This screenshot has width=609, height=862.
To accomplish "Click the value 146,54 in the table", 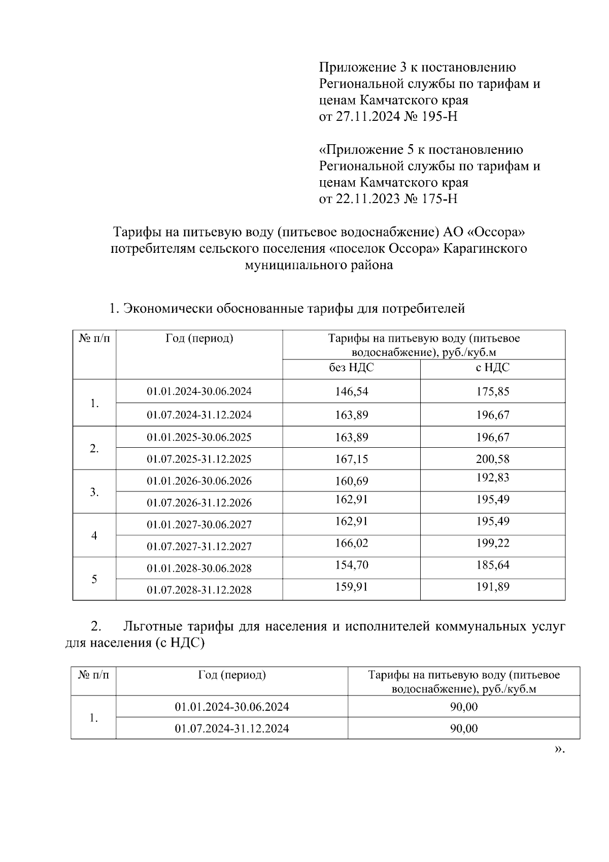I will tap(351, 391).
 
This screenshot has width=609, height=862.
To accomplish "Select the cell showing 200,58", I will tap(492, 459).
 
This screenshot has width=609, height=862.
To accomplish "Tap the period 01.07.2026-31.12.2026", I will tap(199, 503).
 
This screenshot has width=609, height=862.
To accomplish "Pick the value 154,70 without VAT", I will tap(351, 565).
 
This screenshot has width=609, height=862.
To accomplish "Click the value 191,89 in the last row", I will tap(492, 587).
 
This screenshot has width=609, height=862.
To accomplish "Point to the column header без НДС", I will tap(351, 368).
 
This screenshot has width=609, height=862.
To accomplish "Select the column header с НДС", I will tap(492, 368).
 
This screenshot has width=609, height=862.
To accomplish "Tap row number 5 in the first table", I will tap(94, 579).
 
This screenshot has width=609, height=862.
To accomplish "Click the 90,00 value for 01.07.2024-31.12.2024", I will tap(464, 728).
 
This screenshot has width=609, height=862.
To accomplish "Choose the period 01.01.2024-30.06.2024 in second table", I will tap(232, 707).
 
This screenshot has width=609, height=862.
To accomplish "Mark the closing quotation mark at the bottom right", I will tap(560, 749).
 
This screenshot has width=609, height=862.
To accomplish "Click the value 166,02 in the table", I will tap(351, 543).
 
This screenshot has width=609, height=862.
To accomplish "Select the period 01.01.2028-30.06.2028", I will tap(199, 568).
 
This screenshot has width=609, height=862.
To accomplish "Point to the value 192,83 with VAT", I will tap(492, 478).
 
